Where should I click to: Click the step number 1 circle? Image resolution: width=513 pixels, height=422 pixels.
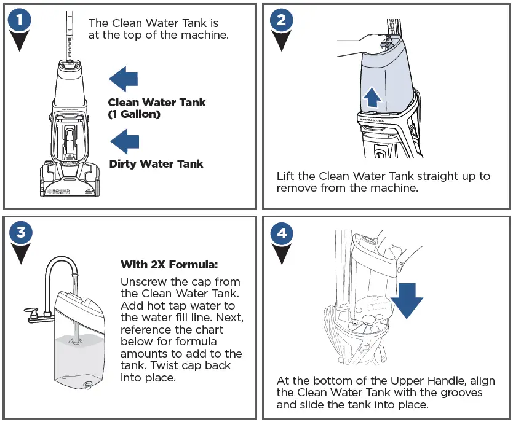pos(20,20)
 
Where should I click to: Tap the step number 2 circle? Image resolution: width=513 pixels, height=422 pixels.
pos(281,20)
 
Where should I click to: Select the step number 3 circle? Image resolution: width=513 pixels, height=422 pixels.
pos(20,233)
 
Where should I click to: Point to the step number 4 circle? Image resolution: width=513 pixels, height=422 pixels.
pos(281,233)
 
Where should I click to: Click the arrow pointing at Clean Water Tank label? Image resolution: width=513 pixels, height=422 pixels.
pos(123,80)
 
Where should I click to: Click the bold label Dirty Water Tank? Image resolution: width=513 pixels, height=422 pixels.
pos(156,164)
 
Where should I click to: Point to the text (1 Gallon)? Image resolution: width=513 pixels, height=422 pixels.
pos(134,114)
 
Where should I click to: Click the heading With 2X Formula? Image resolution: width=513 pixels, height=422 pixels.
pos(169,265)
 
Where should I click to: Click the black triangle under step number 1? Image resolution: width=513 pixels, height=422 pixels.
pos(20,41)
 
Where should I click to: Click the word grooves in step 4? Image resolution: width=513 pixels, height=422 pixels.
pos(461,393)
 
